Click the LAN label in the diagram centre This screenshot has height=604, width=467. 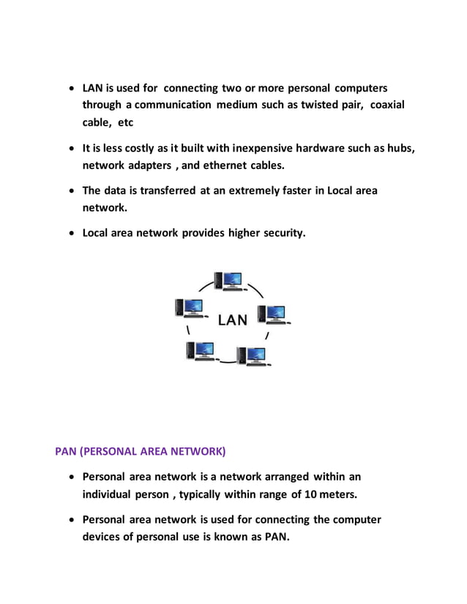click(233, 320)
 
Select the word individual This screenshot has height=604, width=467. click(110, 494)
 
